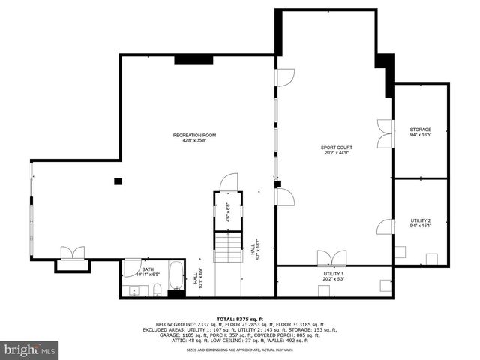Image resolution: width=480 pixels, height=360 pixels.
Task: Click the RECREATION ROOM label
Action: [194, 135]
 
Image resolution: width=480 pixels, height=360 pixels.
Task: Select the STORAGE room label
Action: [420, 130]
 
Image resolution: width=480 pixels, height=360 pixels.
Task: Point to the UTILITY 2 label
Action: [420, 220]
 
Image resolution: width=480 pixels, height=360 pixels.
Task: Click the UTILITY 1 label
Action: [333, 274]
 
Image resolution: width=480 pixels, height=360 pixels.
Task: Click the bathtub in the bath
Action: [175, 275]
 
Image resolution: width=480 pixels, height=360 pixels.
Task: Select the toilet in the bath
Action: [156, 289]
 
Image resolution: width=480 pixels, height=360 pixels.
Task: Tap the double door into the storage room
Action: [385, 133]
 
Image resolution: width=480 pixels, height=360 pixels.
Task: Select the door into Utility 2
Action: [385, 226]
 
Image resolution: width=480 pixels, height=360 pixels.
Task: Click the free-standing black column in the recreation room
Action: [118, 181]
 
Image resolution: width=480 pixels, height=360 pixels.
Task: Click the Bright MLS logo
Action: [30, 349]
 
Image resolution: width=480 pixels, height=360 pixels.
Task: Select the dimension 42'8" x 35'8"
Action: [194, 141]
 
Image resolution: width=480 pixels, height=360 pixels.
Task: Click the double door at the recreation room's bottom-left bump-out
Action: [72, 253]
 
